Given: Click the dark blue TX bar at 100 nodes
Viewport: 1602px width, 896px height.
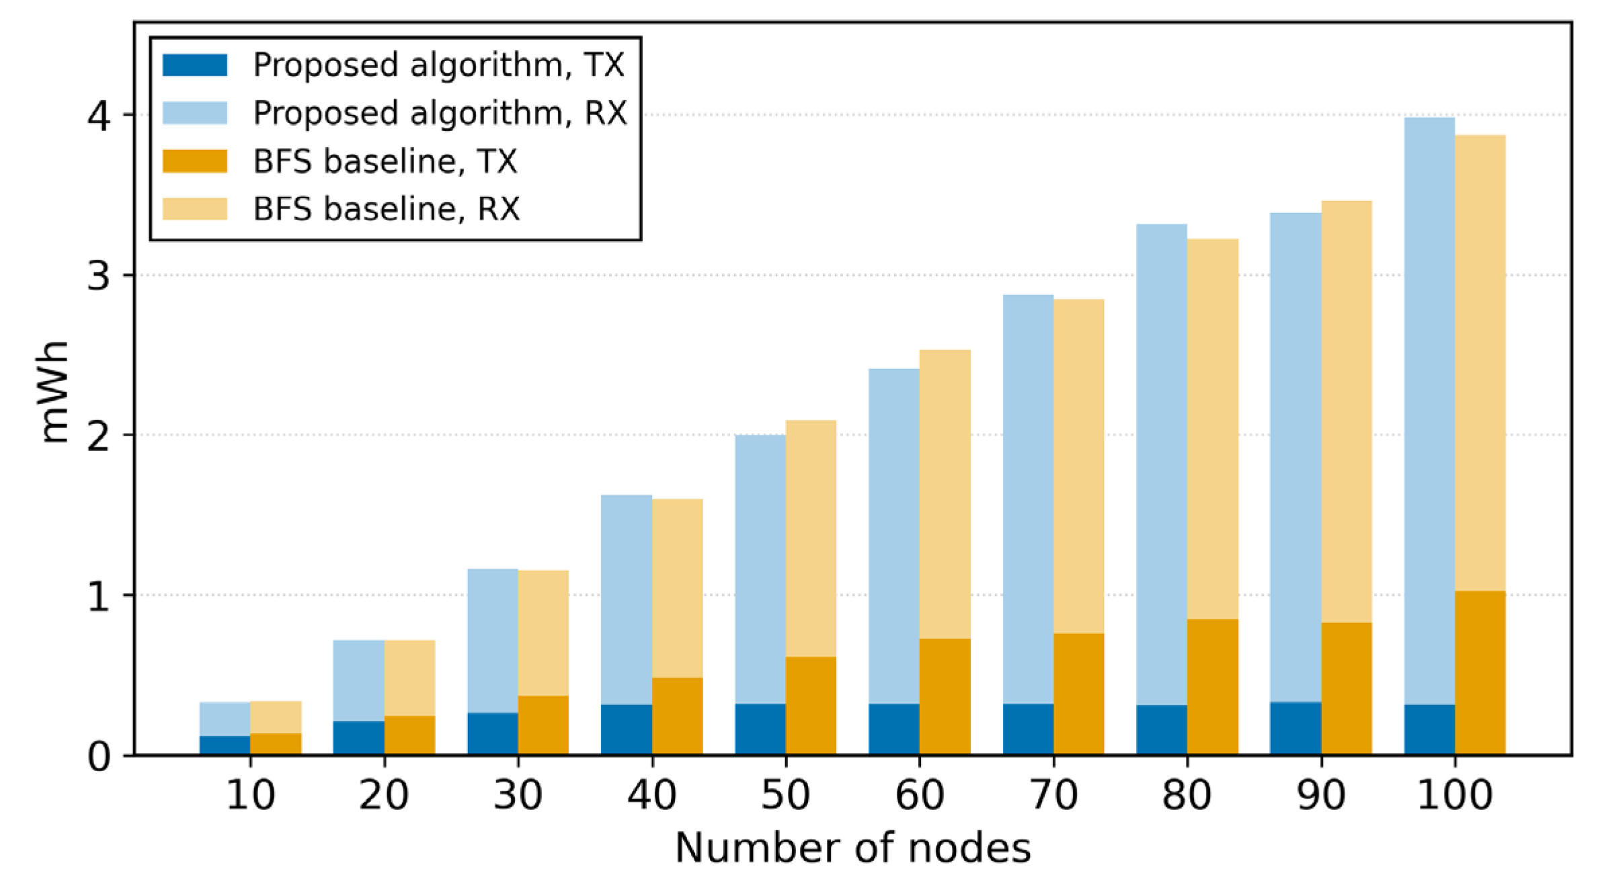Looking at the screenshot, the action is (1429, 729).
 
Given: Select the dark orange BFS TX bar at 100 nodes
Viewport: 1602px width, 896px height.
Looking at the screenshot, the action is (1480, 673).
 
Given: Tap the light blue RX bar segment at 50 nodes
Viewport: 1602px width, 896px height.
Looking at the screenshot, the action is (760, 569).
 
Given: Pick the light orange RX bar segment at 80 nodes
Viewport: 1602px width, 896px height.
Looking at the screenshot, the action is (1213, 429).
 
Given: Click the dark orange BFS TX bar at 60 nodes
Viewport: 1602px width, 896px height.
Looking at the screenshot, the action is (945, 696).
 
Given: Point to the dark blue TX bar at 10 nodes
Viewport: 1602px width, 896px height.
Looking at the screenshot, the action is (225, 745).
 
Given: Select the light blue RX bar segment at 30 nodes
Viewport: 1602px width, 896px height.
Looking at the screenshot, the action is (493, 641).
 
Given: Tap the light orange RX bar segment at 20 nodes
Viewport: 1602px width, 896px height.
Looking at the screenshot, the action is (410, 678).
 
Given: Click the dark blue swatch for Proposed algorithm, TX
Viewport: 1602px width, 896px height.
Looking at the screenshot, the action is (195, 65).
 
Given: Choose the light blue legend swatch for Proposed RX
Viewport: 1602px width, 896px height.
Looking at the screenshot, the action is (195, 113).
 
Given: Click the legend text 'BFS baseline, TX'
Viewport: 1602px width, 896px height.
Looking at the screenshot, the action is (385, 161).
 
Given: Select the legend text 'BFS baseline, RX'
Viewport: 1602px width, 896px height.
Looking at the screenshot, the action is (387, 209).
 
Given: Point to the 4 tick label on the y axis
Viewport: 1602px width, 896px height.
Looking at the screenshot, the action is (99, 116).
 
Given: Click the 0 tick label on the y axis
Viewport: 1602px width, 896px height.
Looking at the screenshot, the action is (99, 757).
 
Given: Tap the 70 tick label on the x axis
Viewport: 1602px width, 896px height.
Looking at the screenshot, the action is (1053, 795).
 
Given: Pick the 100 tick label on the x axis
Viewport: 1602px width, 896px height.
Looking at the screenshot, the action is (1455, 795).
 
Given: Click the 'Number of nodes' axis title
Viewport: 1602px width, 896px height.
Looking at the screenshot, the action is (852, 848).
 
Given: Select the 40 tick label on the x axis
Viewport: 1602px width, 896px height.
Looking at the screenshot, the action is (651, 795).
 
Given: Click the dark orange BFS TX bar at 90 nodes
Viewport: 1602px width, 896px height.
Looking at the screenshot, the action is (1347, 688).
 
